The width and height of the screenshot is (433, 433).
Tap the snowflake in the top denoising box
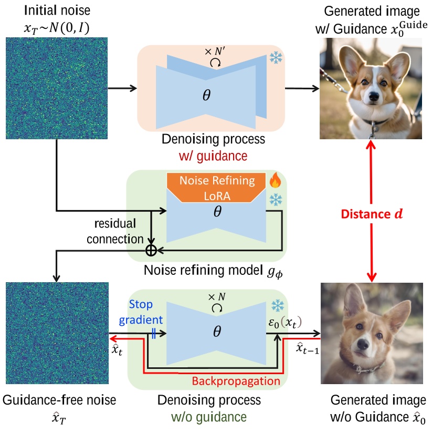(275, 58)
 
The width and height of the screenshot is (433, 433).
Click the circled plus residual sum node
(151, 251)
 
